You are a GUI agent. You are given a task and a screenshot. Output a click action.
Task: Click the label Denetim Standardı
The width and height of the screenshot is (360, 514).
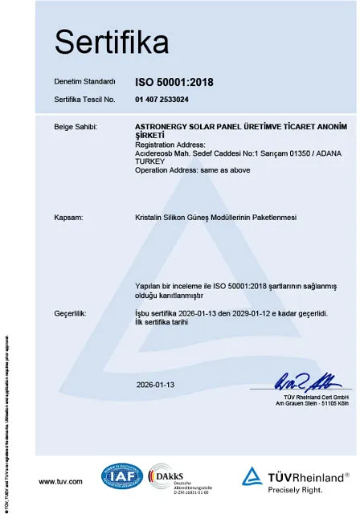click(x=84, y=83)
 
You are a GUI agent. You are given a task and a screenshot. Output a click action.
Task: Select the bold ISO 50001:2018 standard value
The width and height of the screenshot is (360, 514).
click(x=174, y=82)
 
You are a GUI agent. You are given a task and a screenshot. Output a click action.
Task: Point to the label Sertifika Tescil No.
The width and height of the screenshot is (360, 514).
click(x=84, y=100)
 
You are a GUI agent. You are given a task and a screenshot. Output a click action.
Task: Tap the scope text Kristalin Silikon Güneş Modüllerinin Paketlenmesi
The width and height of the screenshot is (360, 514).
click(x=217, y=217)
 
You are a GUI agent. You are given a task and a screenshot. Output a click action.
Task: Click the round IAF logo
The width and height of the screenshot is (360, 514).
click(x=121, y=477)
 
